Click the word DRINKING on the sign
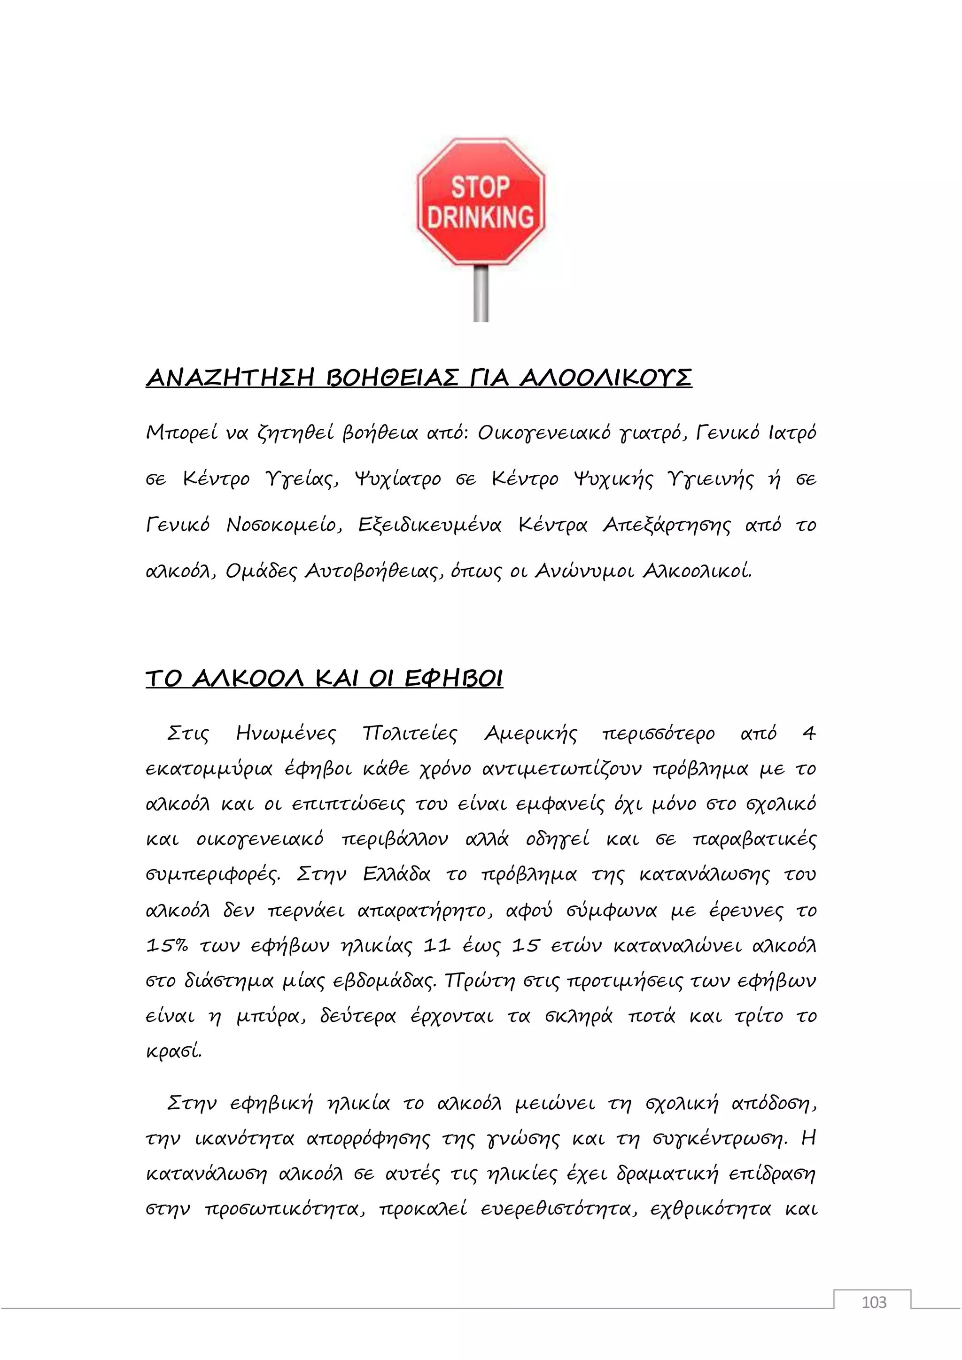coord(481,217)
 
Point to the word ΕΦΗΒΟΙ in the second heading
coord(453,678)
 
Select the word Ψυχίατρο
coord(397,479)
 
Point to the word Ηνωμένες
coord(286,734)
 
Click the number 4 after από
coord(808,734)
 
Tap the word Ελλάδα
coord(396,875)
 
